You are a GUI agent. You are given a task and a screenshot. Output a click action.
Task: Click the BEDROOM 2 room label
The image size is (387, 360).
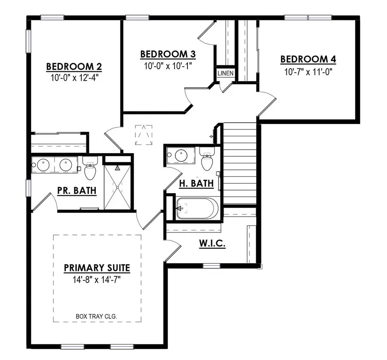coord(74,67)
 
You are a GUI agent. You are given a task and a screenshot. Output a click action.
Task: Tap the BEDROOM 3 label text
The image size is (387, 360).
coord(168,54)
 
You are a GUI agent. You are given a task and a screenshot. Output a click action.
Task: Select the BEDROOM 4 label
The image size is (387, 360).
coord(308,59)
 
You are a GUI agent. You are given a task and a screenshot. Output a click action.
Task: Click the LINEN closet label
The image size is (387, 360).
coord(225,73)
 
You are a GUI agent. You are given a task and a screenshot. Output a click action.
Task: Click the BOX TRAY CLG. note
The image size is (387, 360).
coord(97,316)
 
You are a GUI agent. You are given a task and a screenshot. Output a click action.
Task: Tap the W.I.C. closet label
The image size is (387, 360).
coord(212,244)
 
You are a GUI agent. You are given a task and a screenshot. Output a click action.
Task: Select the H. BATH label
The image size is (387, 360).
coord(196,184)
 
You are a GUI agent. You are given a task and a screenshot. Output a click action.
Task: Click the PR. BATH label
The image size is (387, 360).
coord(77,191)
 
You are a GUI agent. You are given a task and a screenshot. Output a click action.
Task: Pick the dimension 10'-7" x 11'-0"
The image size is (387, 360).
coord(308,71)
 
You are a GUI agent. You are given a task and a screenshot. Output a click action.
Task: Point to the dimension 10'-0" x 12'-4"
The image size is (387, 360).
coord(74,78)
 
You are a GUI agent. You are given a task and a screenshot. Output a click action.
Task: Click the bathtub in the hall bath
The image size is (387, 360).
coord(197,209)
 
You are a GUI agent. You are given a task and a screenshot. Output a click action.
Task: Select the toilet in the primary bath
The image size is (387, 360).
coord(90,169)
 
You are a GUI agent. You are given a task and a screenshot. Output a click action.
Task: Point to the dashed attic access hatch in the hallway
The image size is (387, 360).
coord(144,135)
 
